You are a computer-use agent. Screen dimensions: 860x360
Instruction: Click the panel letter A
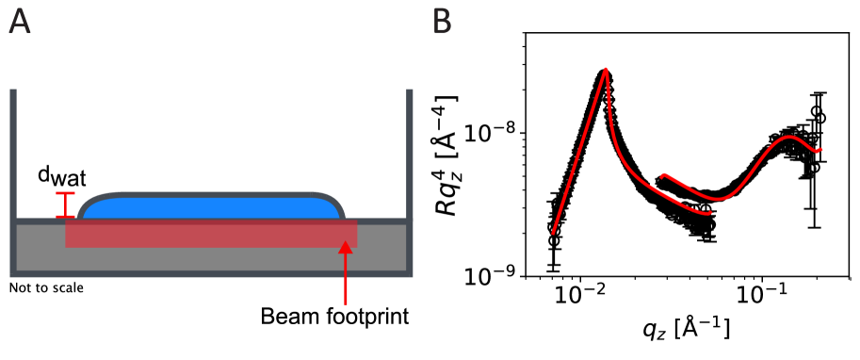[19, 22]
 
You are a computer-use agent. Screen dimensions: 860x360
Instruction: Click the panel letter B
[442, 22]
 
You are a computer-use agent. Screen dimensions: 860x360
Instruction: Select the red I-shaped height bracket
[65, 205]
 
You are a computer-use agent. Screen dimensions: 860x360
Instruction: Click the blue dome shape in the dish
[212, 207]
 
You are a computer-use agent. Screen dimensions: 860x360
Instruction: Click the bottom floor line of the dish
[212, 274]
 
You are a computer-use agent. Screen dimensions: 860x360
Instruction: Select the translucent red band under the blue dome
[212, 234]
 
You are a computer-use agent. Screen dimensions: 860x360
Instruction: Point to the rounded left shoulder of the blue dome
[89, 202]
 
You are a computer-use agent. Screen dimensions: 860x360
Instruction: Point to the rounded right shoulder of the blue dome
[333, 202]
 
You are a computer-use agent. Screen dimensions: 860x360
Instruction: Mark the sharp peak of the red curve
[605, 71]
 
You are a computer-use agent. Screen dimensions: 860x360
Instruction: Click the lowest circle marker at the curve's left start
[554, 241]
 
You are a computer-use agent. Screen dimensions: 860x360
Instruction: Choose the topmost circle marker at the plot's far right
[819, 118]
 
